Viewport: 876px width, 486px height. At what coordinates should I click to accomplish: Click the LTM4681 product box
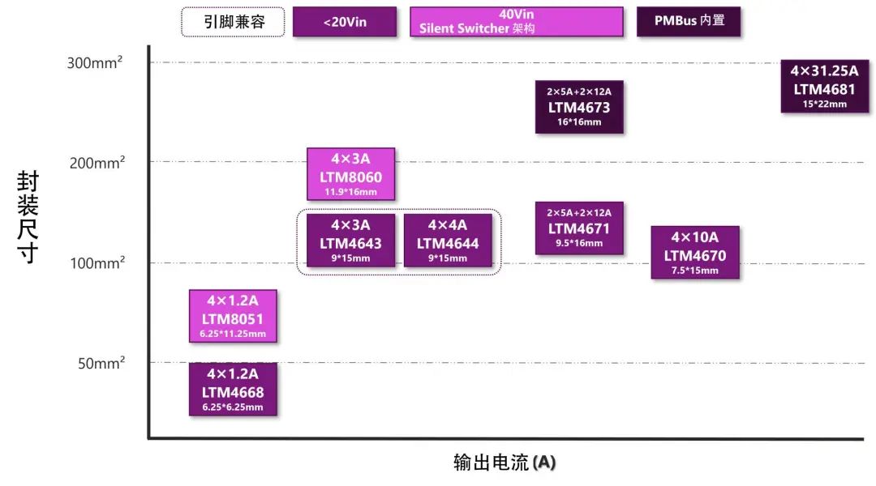[x=824, y=86]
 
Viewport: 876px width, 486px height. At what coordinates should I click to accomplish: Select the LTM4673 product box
[x=579, y=107]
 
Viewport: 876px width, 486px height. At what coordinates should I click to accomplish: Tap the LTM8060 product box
[x=350, y=173]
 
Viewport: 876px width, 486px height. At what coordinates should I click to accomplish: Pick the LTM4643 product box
[x=350, y=240]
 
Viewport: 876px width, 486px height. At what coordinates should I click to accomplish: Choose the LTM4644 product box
[x=448, y=240]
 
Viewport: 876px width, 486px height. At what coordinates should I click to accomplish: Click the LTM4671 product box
[x=579, y=228]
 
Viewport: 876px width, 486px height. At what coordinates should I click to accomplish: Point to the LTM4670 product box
[x=695, y=252]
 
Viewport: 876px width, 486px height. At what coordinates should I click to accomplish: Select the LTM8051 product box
[x=233, y=316]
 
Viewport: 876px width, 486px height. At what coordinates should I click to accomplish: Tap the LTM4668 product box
[x=233, y=389]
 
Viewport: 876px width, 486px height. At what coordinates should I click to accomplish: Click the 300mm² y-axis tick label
[x=94, y=62]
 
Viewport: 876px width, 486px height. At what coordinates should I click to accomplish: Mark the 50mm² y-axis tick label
[x=101, y=363]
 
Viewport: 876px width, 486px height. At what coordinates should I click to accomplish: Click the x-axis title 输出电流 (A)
[x=504, y=463]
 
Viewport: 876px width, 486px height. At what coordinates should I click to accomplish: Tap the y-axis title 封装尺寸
[x=28, y=217]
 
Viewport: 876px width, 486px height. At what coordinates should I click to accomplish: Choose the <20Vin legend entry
[x=345, y=22]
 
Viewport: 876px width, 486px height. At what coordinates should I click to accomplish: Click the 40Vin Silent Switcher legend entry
[x=517, y=22]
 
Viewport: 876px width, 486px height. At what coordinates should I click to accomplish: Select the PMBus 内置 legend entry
[x=689, y=22]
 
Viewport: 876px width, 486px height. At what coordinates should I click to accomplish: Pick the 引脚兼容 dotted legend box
[x=234, y=22]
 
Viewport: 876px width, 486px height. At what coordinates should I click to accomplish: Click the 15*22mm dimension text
[x=824, y=104]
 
